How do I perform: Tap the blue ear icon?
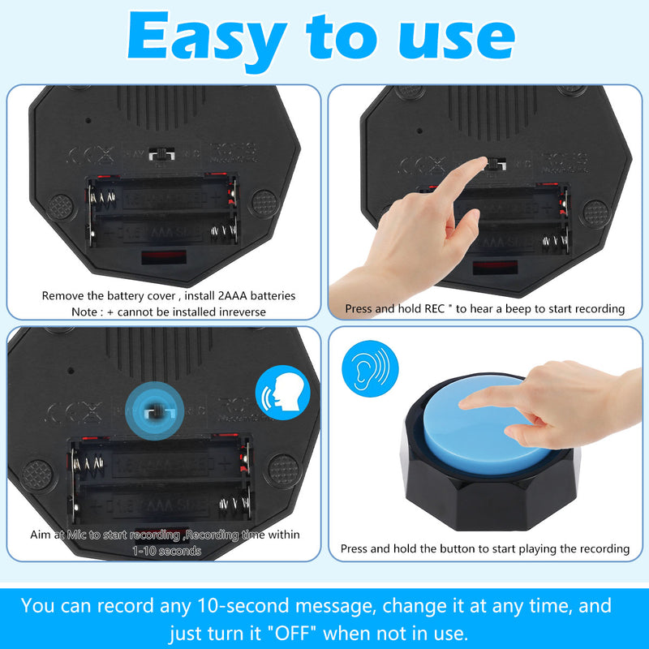click(x=370, y=366)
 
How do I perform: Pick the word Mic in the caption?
click(x=78, y=535)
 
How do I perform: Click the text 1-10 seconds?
click(x=166, y=551)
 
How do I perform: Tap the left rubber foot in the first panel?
click(x=59, y=206)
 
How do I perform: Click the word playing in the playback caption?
click(x=520, y=549)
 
